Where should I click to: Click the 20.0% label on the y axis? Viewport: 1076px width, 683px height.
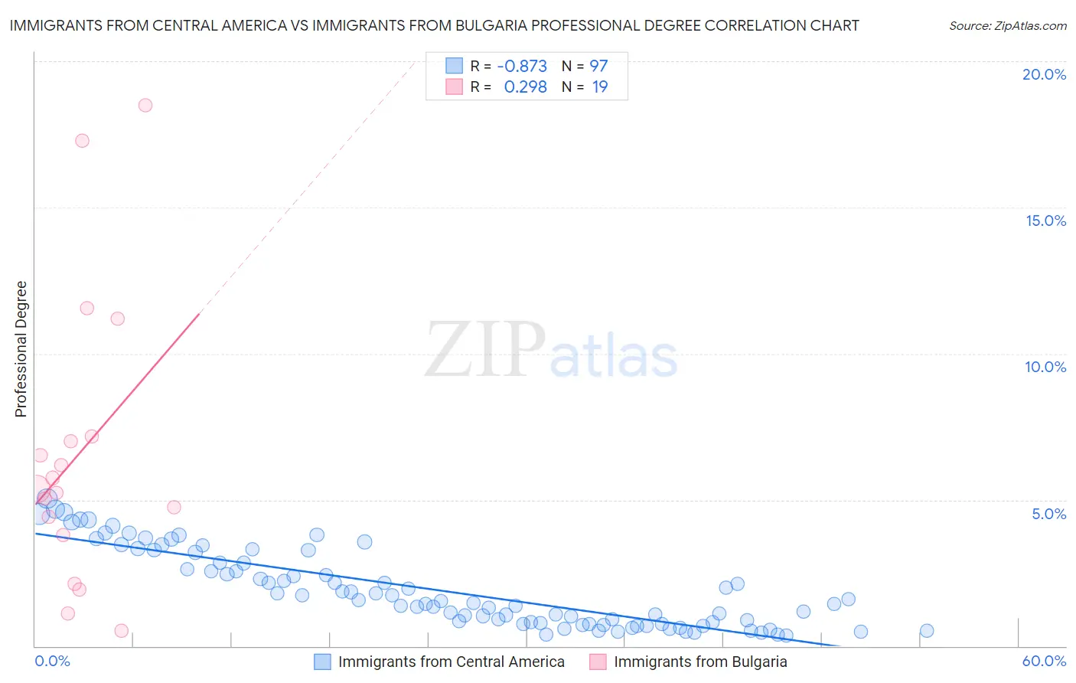(1044, 74)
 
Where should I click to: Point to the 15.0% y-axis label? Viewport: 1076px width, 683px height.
(1045, 221)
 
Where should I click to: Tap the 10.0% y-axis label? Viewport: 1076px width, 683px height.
(1045, 367)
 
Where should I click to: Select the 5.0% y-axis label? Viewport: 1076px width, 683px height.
(1048, 514)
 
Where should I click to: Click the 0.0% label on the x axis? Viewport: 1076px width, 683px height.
(52, 661)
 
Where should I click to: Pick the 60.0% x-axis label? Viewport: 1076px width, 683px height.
(1044, 661)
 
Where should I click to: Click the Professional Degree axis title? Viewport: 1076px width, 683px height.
(21, 349)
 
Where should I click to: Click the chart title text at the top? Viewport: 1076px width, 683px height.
(434, 25)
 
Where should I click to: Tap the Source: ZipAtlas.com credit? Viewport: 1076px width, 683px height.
(1007, 25)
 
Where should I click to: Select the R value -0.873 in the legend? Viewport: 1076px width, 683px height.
(522, 66)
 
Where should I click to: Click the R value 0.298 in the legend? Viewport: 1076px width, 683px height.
(525, 87)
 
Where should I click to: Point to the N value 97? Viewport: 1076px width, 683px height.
(598, 66)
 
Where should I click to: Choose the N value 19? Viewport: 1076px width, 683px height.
(600, 87)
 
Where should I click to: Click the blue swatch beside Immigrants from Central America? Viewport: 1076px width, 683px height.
(323, 662)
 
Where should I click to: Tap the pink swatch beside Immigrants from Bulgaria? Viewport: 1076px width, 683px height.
(598, 662)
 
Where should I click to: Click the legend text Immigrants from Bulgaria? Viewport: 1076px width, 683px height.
(700, 662)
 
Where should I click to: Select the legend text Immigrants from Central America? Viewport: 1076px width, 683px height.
(452, 662)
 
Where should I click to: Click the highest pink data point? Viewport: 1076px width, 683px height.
(145, 106)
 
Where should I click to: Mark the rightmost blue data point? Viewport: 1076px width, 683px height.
(927, 631)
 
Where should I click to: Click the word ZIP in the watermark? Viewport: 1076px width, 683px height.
(484, 350)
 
